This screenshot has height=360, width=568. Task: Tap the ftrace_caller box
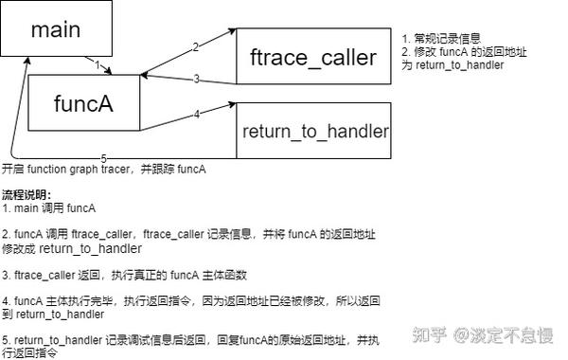(312, 57)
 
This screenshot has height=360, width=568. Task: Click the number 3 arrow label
(196, 80)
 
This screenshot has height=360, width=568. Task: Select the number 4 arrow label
(196, 115)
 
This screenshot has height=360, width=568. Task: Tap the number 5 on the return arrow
(103, 157)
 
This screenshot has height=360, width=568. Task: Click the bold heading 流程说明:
(28, 194)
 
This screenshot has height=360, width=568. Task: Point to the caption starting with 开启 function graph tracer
(104, 170)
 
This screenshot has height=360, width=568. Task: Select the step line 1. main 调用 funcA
(49, 207)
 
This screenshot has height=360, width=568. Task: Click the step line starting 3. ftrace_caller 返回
(123, 275)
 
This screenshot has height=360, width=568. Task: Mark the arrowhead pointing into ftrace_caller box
(231, 31)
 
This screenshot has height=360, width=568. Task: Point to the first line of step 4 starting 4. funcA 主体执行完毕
(189, 300)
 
